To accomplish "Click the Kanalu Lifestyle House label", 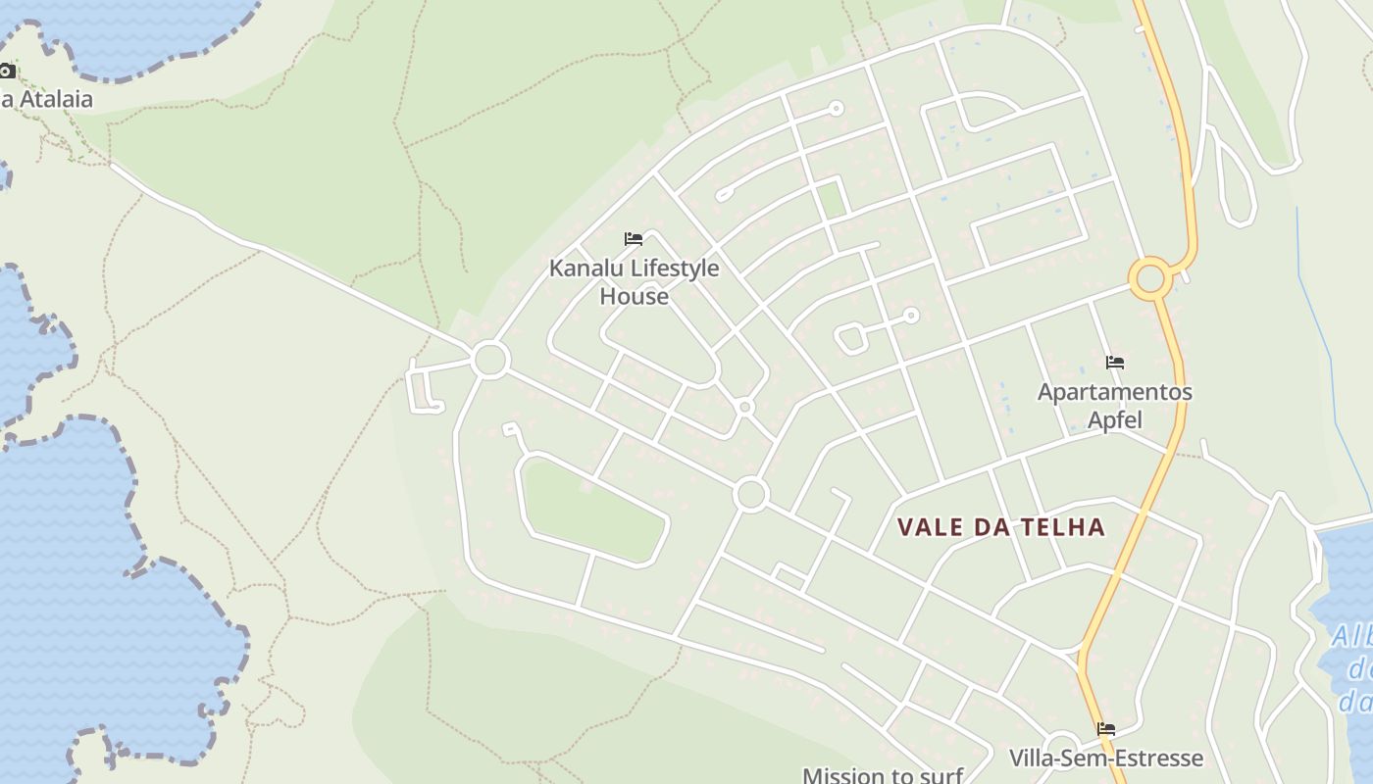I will tap(634, 281).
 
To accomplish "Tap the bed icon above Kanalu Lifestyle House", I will tap(634, 238).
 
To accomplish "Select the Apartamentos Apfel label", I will tap(1115, 405).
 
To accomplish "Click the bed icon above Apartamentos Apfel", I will tap(1114, 363).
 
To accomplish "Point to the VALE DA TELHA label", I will tap(1001, 527).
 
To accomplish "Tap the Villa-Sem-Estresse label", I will tap(1105, 758).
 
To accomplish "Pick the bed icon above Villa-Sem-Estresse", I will tap(1106, 729).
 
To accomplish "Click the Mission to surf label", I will tap(883, 775).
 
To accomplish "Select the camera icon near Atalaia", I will tap(7, 71).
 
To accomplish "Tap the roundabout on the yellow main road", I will tap(1149, 278).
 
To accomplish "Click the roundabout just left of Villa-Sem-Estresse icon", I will tap(1062, 746).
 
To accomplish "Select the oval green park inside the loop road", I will tap(592, 510).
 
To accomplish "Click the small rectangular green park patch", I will tap(832, 199).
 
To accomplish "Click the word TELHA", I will tap(1064, 527).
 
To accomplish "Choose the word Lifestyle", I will tap(665, 268).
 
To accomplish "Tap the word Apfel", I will tap(1115, 419).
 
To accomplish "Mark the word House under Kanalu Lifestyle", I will tap(634, 296).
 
